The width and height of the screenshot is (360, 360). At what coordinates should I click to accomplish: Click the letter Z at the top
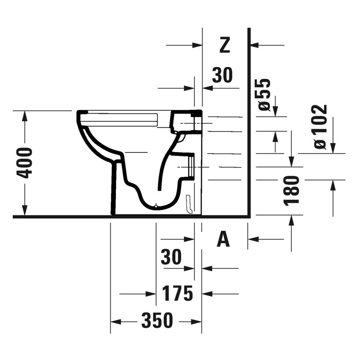(x=225, y=45)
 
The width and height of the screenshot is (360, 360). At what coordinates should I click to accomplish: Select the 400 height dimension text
(x=26, y=163)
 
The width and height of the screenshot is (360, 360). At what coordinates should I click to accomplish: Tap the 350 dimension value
(x=157, y=321)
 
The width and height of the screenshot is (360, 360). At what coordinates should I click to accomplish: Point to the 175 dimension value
(x=178, y=293)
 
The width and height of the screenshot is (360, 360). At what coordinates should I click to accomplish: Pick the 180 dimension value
(x=292, y=190)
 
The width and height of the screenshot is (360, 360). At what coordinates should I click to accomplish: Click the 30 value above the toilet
(x=222, y=75)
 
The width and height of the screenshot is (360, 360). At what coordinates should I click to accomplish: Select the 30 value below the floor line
(x=171, y=257)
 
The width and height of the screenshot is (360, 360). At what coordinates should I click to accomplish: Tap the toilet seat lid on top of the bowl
(x=119, y=116)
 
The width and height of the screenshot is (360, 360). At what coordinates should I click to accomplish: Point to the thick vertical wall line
(x=249, y=123)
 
